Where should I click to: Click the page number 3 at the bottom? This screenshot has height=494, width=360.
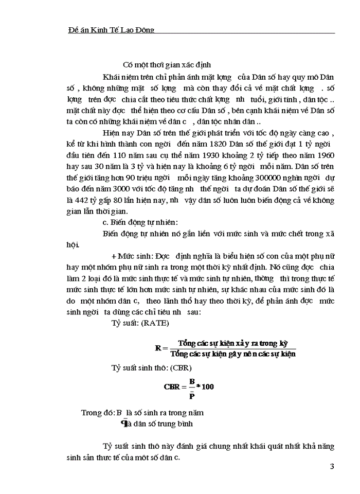(332, 467)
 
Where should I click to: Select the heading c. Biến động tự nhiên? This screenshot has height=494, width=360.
(140, 222)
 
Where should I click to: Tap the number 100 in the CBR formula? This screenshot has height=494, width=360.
(207, 386)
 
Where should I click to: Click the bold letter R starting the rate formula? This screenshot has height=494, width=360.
(158, 348)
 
